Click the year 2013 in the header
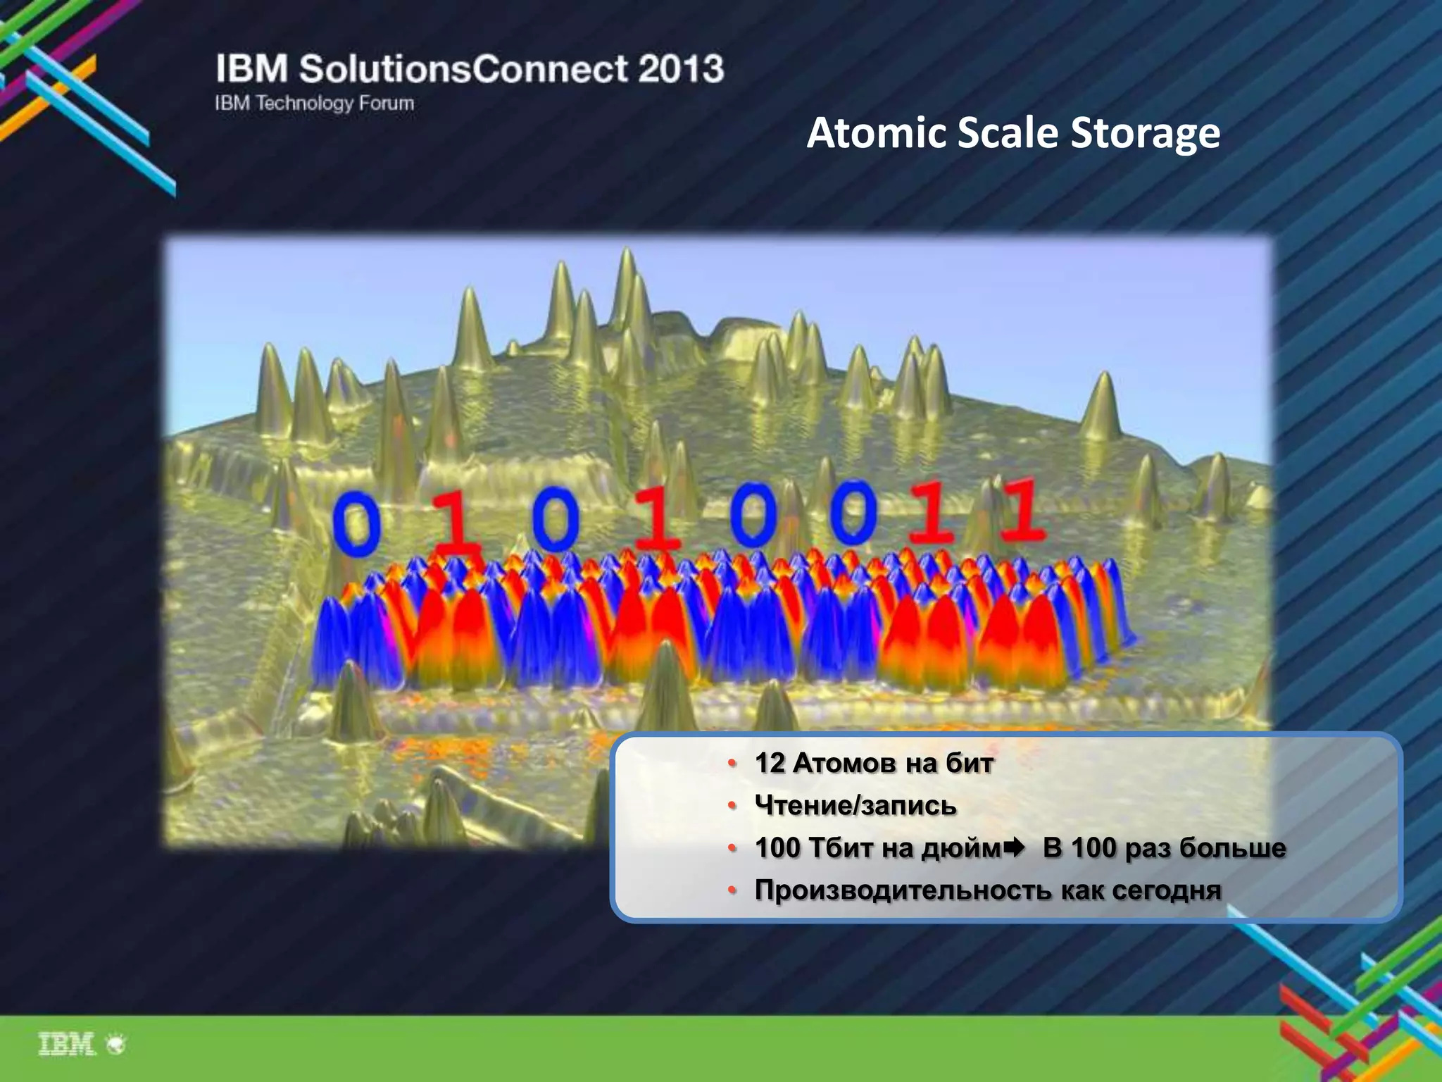[x=681, y=69]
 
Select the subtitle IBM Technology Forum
[x=314, y=104]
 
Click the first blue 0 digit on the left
[x=357, y=522]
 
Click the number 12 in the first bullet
[x=769, y=763]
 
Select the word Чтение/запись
[x=855, y=805]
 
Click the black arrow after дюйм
[x=1014, y=847]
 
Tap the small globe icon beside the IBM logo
[x=115, y=1044]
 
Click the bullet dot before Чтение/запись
[x=732, y=805]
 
